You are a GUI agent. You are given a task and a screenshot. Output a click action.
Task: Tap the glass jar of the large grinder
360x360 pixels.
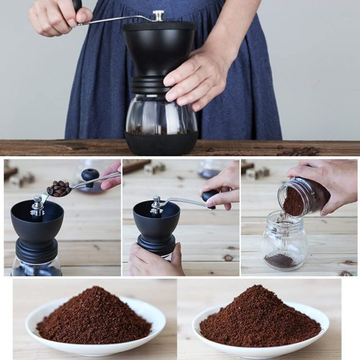[154, 116]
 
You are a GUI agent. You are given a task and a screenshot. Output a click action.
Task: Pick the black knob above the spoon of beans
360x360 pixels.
[91, 175]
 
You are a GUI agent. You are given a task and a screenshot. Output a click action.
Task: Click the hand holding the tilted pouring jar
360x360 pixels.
[329, 180]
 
